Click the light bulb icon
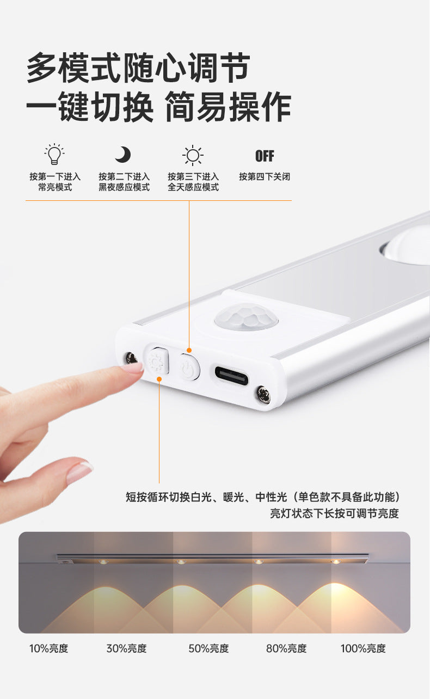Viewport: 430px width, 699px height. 54,154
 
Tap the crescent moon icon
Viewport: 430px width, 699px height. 123,155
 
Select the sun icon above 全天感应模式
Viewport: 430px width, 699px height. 193,155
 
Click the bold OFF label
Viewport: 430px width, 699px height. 265,156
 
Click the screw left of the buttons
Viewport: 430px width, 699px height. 131,358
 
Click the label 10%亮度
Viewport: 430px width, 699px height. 49,648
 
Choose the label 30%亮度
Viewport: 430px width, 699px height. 126,648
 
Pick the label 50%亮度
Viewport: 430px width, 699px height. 208,648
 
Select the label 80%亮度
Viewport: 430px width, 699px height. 286,648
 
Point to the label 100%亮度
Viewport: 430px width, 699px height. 363,648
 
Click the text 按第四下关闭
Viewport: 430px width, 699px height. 265,176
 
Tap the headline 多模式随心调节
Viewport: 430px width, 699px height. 138,68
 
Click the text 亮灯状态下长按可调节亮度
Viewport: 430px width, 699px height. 334,513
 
